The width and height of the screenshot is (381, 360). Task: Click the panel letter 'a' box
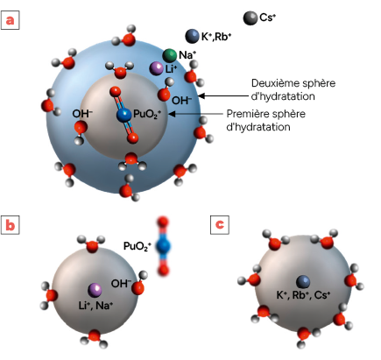pyautogui.click(x=11, y=20)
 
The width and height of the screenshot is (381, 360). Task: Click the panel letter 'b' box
pyautogui.click(x=11, y=225)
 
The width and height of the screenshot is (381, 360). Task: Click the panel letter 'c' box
pyautogui.click(x=220, y=225)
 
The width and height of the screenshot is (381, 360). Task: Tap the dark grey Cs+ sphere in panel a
pyautogui.click(x=250, y=18)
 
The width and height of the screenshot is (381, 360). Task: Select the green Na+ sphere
pyautogui.click(x=169, y=55)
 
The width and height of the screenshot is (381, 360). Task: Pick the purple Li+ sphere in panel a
pyautogui.click(x=156, y=68)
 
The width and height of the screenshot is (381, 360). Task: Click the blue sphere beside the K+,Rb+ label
pyautogui.click(x=192, y=36)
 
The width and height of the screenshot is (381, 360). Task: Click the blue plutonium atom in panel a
pyautogui.click(x=124, y=115)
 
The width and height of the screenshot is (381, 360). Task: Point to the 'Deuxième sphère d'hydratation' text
pyautogui.click(x=293, y=89)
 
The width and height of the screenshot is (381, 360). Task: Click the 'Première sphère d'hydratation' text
pyautogui.click(x=266, y=120)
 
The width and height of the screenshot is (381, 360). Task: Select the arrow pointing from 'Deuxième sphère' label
pyautogui.click(x=223, y=95)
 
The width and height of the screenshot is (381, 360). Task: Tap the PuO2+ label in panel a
pyautogui.click(x=147, y=114)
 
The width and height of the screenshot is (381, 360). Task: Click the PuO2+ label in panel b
pyautogui.click(x=138, y=246)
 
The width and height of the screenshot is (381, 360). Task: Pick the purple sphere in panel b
pyautogui.click(x=95, y=290)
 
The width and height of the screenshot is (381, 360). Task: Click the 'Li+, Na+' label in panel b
pyautogui.click(x=95, y=306)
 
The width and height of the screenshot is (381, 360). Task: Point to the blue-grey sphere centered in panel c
pyautogui.click(x=303, y=282)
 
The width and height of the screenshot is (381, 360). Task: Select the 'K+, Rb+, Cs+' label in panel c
pyautogui.click(x=303, y=295)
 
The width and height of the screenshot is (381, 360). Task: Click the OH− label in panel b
pyautogui.click(x=121, y=283)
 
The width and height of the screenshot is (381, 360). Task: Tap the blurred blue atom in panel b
pyautogui.click(x=163, y=246)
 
